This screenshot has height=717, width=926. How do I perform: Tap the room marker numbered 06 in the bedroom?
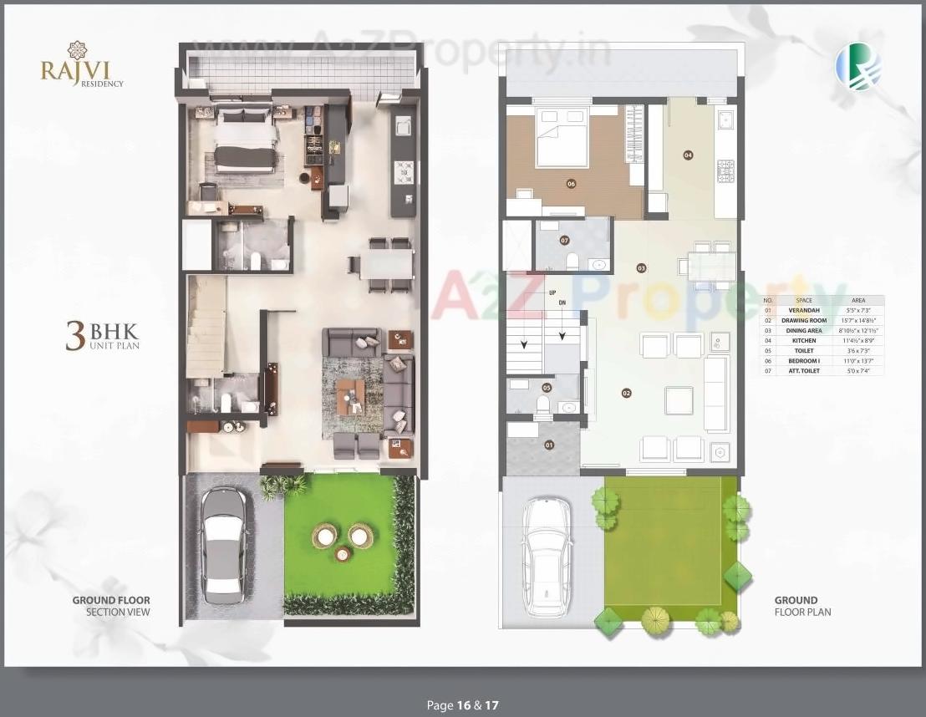coord(572,185)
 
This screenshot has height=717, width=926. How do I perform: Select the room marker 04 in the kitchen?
coord(689,155)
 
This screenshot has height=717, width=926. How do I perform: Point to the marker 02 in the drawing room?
coord(625,392)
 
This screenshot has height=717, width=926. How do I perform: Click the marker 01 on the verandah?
coord(549,445)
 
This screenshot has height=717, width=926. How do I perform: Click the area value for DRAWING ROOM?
coord(858,320)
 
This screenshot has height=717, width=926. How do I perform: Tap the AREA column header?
coord(858,300)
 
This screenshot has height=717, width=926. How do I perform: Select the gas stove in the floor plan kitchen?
coord(725,171)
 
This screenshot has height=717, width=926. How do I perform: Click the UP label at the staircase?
coord(552,292)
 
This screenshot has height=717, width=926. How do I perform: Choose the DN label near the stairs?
coord(562,302)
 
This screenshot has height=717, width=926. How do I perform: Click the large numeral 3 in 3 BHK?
coord(75,335)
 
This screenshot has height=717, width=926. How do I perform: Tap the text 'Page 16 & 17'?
coord(462,705)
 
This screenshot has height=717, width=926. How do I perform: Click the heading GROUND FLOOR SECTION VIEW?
coord(111,606)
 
